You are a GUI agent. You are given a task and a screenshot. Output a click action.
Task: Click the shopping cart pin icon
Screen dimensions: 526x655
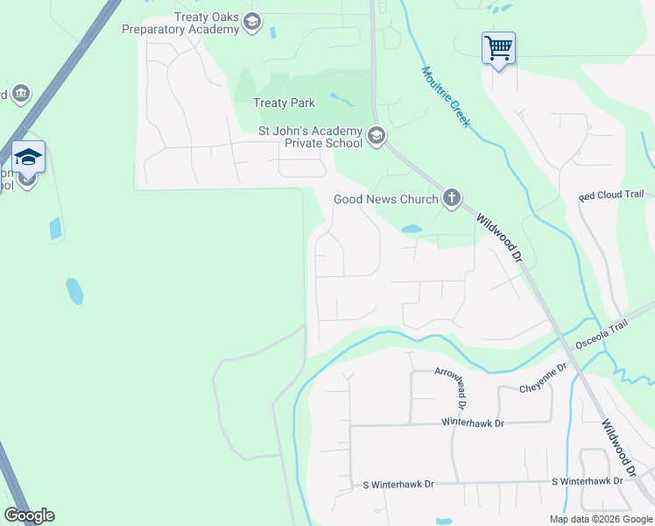point(498,47)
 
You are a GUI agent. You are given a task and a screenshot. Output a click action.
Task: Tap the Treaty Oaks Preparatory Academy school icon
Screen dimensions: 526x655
point(252,22)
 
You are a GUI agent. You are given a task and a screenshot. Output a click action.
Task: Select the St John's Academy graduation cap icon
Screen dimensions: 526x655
point(377,136)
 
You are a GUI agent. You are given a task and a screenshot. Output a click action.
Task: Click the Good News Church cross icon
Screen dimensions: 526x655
point(452,198)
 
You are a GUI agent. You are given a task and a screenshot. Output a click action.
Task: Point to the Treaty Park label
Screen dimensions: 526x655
point(284,103)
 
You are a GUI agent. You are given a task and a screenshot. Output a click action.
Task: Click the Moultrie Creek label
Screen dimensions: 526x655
point(447,96)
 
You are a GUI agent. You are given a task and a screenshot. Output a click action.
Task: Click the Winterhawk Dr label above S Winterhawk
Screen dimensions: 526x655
point(474,423)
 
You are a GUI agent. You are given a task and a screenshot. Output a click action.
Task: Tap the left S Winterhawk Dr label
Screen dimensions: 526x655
point(404,484)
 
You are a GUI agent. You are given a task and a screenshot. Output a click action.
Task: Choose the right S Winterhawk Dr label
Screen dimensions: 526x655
point(587,481)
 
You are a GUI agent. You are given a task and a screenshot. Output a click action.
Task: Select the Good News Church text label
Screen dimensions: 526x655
point(385,199)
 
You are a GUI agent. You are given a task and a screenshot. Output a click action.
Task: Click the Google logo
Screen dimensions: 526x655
point(29,515)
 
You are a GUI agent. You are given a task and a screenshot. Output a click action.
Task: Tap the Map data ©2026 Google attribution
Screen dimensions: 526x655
point(601,519)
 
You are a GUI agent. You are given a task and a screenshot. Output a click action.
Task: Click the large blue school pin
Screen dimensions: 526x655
point(28,158)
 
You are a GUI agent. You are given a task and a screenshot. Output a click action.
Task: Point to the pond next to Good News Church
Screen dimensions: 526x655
point(411,230)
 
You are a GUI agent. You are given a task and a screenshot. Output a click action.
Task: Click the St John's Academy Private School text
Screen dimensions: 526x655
point(310,138)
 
